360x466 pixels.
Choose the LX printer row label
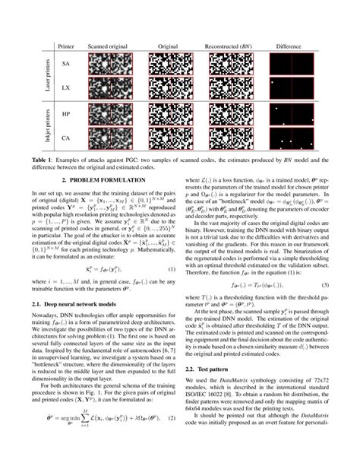67,98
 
